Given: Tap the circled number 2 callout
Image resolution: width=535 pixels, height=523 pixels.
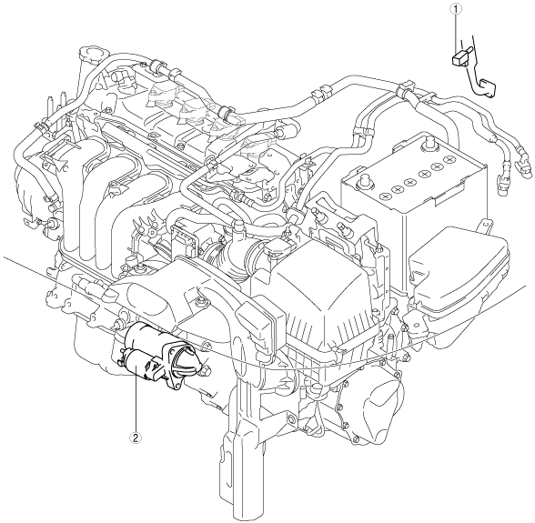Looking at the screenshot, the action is click(x=136, y=438).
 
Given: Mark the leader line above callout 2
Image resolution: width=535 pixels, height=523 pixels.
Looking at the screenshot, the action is click(x=136, y=400).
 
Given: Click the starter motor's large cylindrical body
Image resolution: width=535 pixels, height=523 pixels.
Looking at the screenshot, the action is click(x=146, y=337).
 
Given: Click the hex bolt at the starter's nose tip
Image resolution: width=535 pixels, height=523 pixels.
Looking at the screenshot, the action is click(x=206, y=370).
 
